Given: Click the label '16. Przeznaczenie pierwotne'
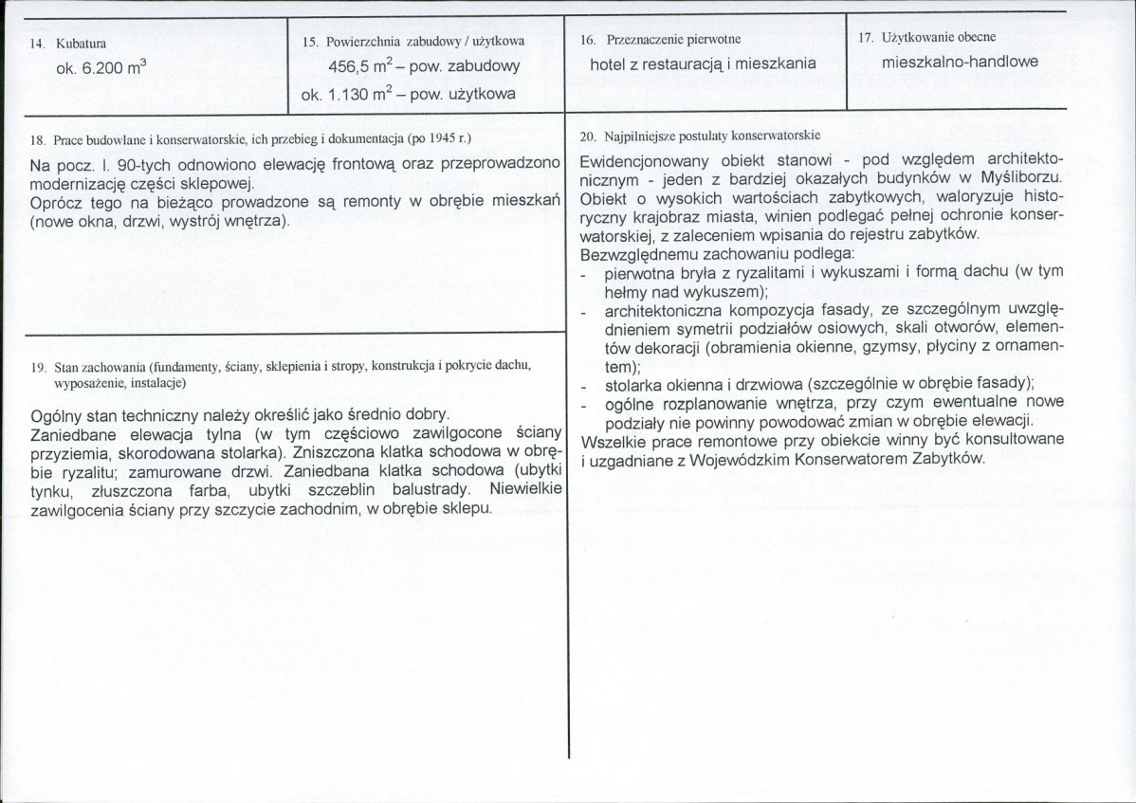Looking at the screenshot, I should (659, 40).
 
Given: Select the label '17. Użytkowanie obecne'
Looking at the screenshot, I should (926, 39).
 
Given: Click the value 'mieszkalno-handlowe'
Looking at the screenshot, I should (960, 63).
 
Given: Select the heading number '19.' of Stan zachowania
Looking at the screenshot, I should (39, 366).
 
